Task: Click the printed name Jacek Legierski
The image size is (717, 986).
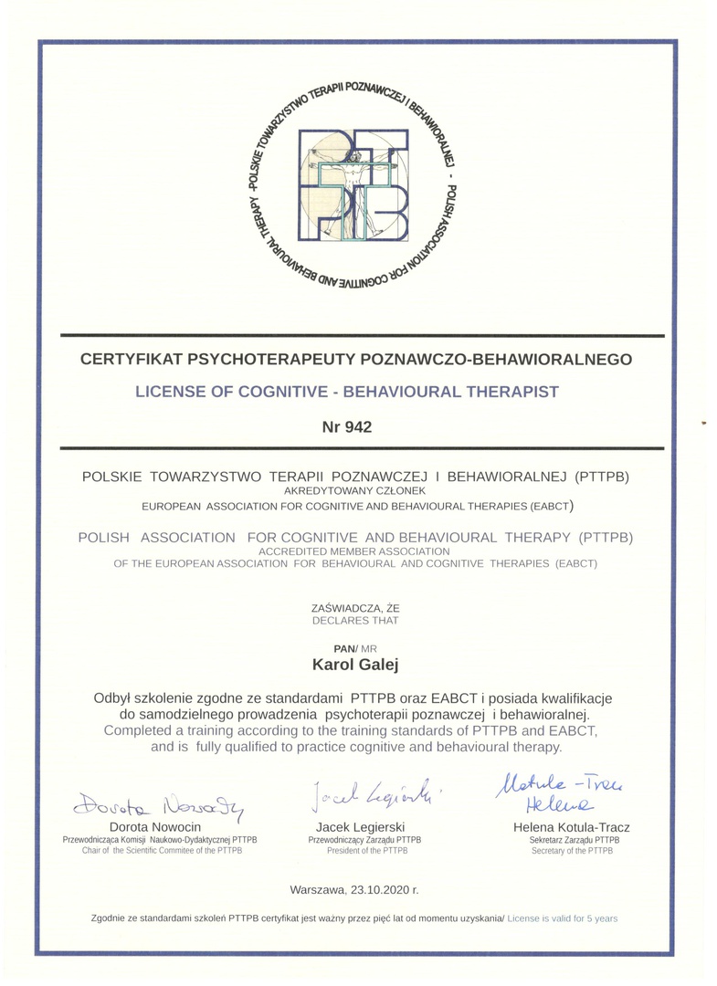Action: click(357, 827)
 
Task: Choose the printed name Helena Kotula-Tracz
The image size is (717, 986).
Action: click(572, 827)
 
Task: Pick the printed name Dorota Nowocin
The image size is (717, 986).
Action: click(155, 827)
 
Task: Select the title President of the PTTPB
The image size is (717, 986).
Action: click(358, 850)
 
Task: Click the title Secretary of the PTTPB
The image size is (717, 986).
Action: click(572, 850)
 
